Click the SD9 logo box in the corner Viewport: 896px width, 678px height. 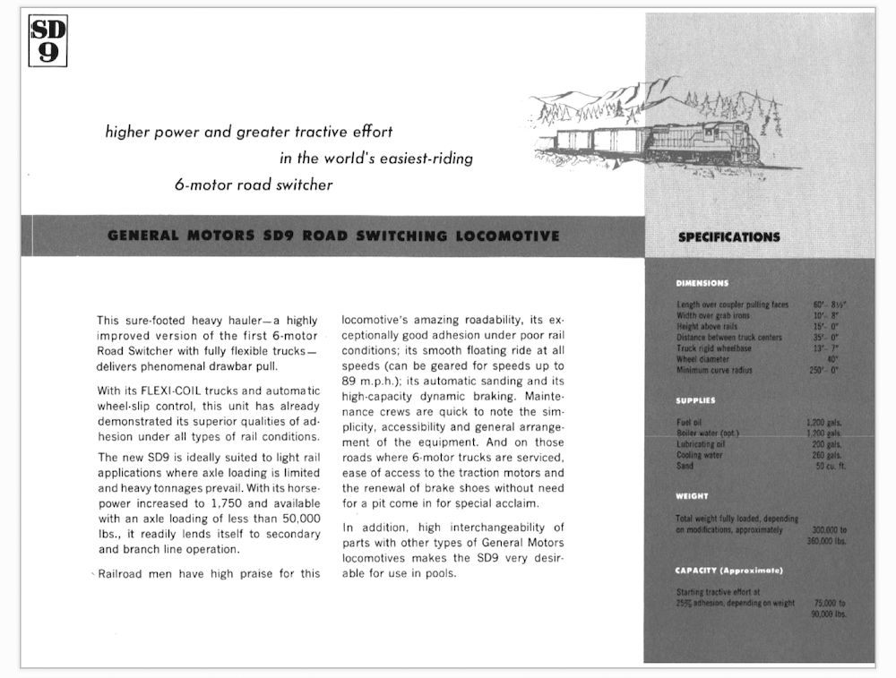[x=48, y=41]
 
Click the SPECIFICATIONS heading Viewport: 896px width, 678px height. [x=728, y=237]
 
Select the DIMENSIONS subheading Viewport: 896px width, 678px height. [x=702, y=284]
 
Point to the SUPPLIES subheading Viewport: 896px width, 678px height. [x=695, y=400]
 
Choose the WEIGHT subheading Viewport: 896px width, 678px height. [x=692, y=496]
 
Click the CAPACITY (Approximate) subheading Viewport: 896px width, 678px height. [x=729, y=571]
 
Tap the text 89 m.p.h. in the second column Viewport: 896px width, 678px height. [x=370, y=381]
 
